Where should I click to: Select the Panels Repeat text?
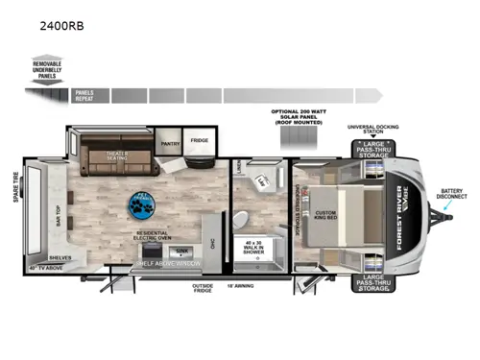(84, 96)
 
